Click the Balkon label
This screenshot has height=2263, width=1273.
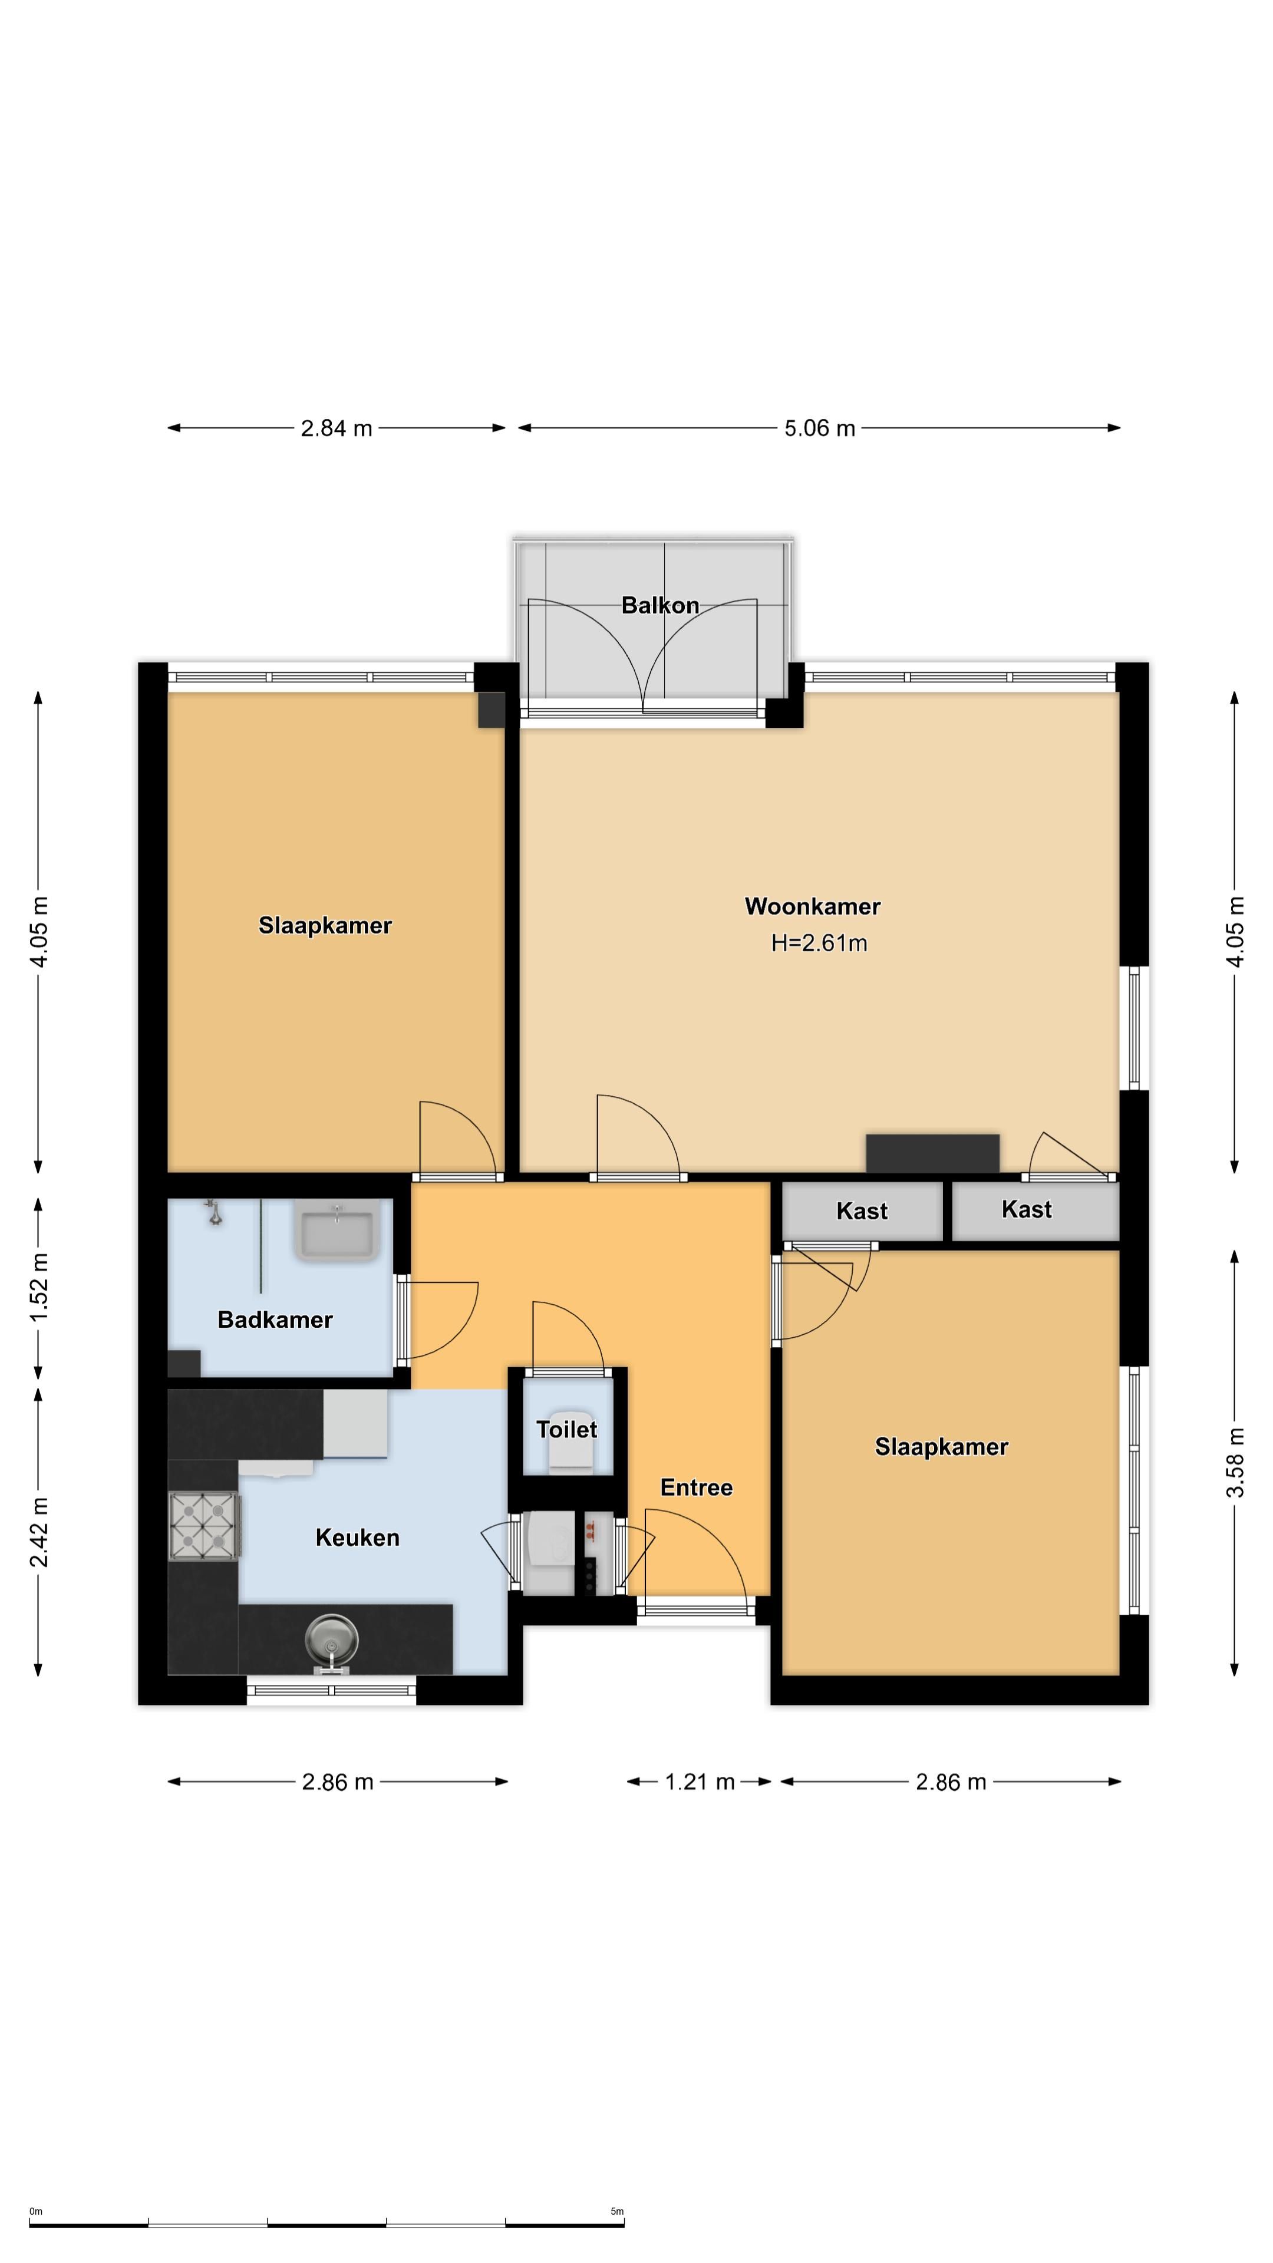point(660,605)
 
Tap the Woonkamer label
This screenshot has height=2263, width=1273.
point(813,906)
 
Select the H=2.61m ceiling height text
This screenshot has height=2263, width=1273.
point(819,944)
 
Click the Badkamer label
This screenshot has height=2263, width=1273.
point(275,1319)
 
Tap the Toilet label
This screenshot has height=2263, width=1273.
point(566,1429)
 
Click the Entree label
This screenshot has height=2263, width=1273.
point(697,1487)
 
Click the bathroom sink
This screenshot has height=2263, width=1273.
point(337,1230)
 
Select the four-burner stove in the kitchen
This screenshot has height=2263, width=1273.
point(204,1527)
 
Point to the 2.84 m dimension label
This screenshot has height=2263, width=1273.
point(337,428)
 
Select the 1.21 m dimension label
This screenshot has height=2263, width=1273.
point(700,1782)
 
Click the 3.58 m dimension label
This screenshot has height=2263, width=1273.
point(1235,1463)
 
